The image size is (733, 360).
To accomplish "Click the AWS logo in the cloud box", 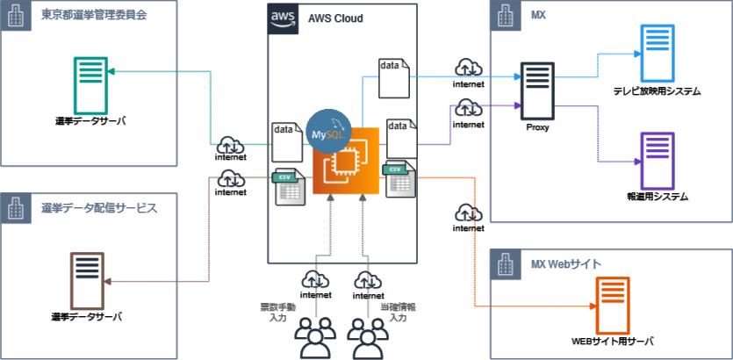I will tap(284, 18).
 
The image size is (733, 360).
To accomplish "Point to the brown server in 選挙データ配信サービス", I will tap(87, 281).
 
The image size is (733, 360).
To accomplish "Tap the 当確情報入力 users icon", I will tap(367, 337).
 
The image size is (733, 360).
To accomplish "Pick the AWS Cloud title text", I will tap(335, 18).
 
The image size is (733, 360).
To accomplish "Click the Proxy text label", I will tap(537, 128).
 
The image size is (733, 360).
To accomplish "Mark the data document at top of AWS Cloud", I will tap(393, 78).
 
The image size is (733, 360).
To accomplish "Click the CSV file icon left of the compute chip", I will tap(290, 186).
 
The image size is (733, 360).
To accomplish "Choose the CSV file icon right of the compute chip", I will tap(400, 179).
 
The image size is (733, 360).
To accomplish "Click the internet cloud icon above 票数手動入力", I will tap(315, 281).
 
